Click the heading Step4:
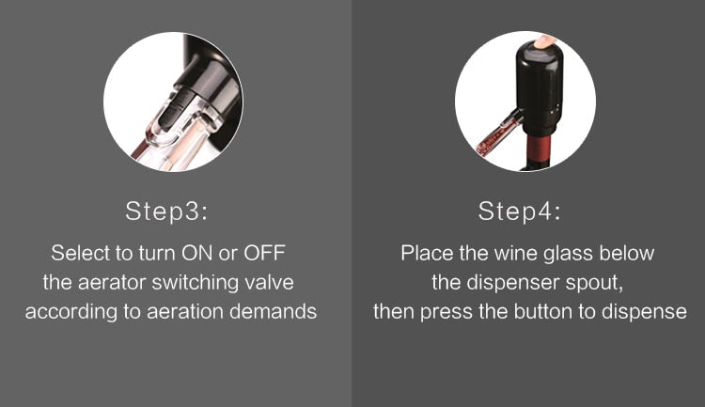point(520,211)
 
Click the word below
point(628,253)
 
